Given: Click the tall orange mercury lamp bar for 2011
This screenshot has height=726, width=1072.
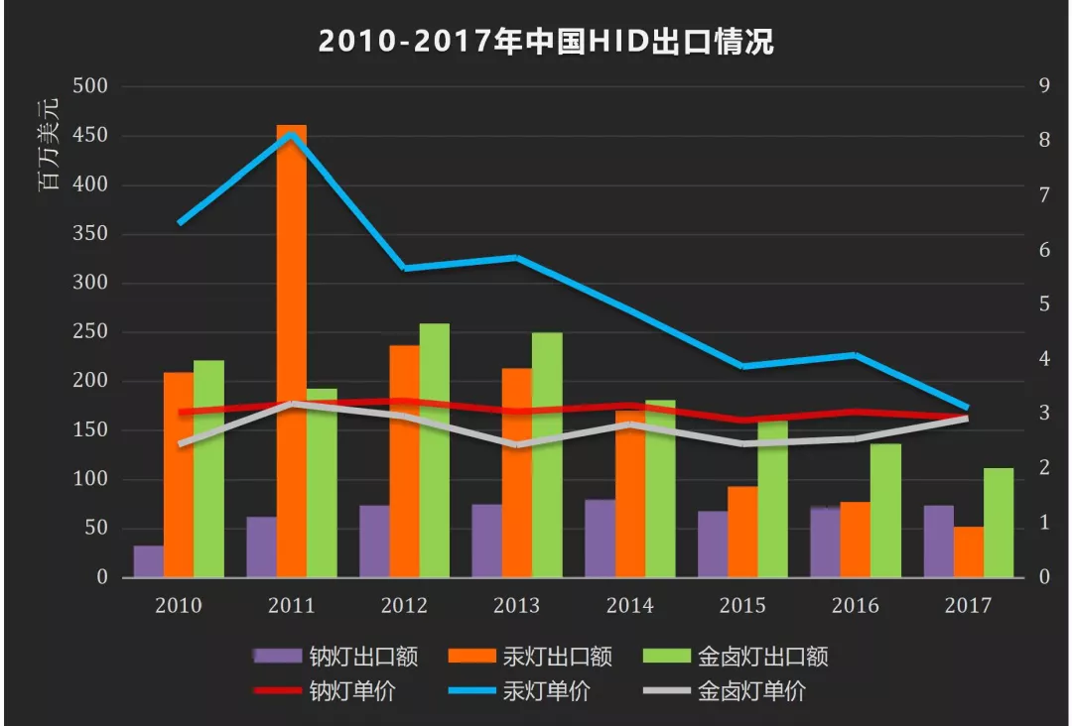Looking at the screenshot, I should [x=291, y=351].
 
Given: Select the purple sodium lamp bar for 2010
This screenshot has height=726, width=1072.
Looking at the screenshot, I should [x=148, y=561].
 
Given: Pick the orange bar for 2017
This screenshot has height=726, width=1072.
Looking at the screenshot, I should [x=969, y=551].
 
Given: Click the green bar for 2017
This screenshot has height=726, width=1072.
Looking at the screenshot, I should [x=999, y=523].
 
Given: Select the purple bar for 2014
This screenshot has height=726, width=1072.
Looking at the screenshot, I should [x=600, y=539].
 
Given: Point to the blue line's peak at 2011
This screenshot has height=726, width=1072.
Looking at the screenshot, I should [x=291, y=134].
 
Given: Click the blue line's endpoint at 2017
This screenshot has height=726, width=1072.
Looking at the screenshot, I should [x=967, y=408].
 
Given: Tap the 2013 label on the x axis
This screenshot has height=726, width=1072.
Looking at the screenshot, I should [x=516, y=606].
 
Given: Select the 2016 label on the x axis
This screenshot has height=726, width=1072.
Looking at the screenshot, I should [x=855, y=606].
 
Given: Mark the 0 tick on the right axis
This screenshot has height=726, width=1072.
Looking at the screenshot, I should [x=1040, y=577].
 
